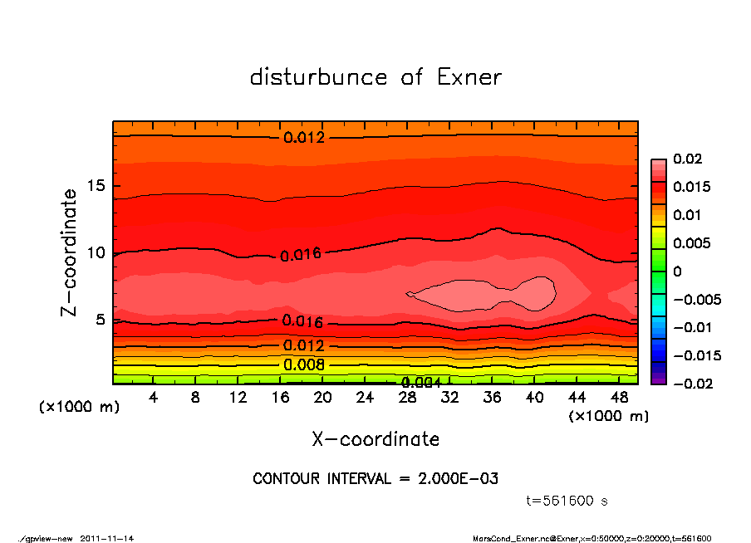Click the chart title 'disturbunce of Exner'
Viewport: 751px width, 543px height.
tap(375, 77)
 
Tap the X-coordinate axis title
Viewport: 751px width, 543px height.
tap(375, 438)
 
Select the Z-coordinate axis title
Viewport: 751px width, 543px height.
tap(70, 252)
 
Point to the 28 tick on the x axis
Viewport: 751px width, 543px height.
tap(407, 398)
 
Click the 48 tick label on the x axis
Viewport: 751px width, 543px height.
tap(618, 398)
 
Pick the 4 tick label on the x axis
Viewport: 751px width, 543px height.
tap(154, 398)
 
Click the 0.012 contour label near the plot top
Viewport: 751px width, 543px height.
tap(304, 137)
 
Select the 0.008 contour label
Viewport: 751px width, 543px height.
tap(304, 364)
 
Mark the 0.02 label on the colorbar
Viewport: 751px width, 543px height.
tap(686, 159)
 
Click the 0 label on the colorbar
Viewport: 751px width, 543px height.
tap(677, 271)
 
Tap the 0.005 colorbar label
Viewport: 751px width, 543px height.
tap(690, 243)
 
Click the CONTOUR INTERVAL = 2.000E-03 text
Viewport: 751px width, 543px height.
tap(375, 479)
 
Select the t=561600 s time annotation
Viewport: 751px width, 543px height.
tap(568, 501)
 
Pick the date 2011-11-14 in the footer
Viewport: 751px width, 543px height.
tap(107, 538)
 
